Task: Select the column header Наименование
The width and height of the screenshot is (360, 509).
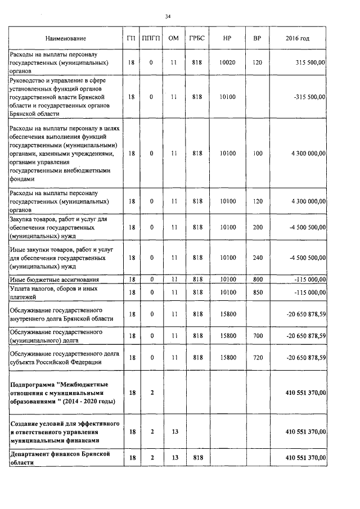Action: coord(66,38)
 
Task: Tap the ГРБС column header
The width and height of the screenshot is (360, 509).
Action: coord(197,38)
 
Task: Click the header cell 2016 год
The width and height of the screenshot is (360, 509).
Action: coord(298,38)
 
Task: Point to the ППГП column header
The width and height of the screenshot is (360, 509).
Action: coord(151,38)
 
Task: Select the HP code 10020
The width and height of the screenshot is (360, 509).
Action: coord(227,63)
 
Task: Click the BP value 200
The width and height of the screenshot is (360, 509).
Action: coord(258,227)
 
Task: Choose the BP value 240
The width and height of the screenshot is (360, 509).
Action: coord(258,258)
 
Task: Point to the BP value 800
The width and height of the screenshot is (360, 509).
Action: coord(258,280)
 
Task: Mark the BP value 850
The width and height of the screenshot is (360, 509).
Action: coord(258,292)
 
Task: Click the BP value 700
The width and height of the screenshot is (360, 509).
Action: coord(258,336)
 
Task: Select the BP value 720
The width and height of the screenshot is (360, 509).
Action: coord(258,358)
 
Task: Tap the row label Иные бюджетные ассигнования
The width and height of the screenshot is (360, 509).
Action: coord(55,280)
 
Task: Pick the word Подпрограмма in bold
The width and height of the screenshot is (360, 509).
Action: coord(31,384)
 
